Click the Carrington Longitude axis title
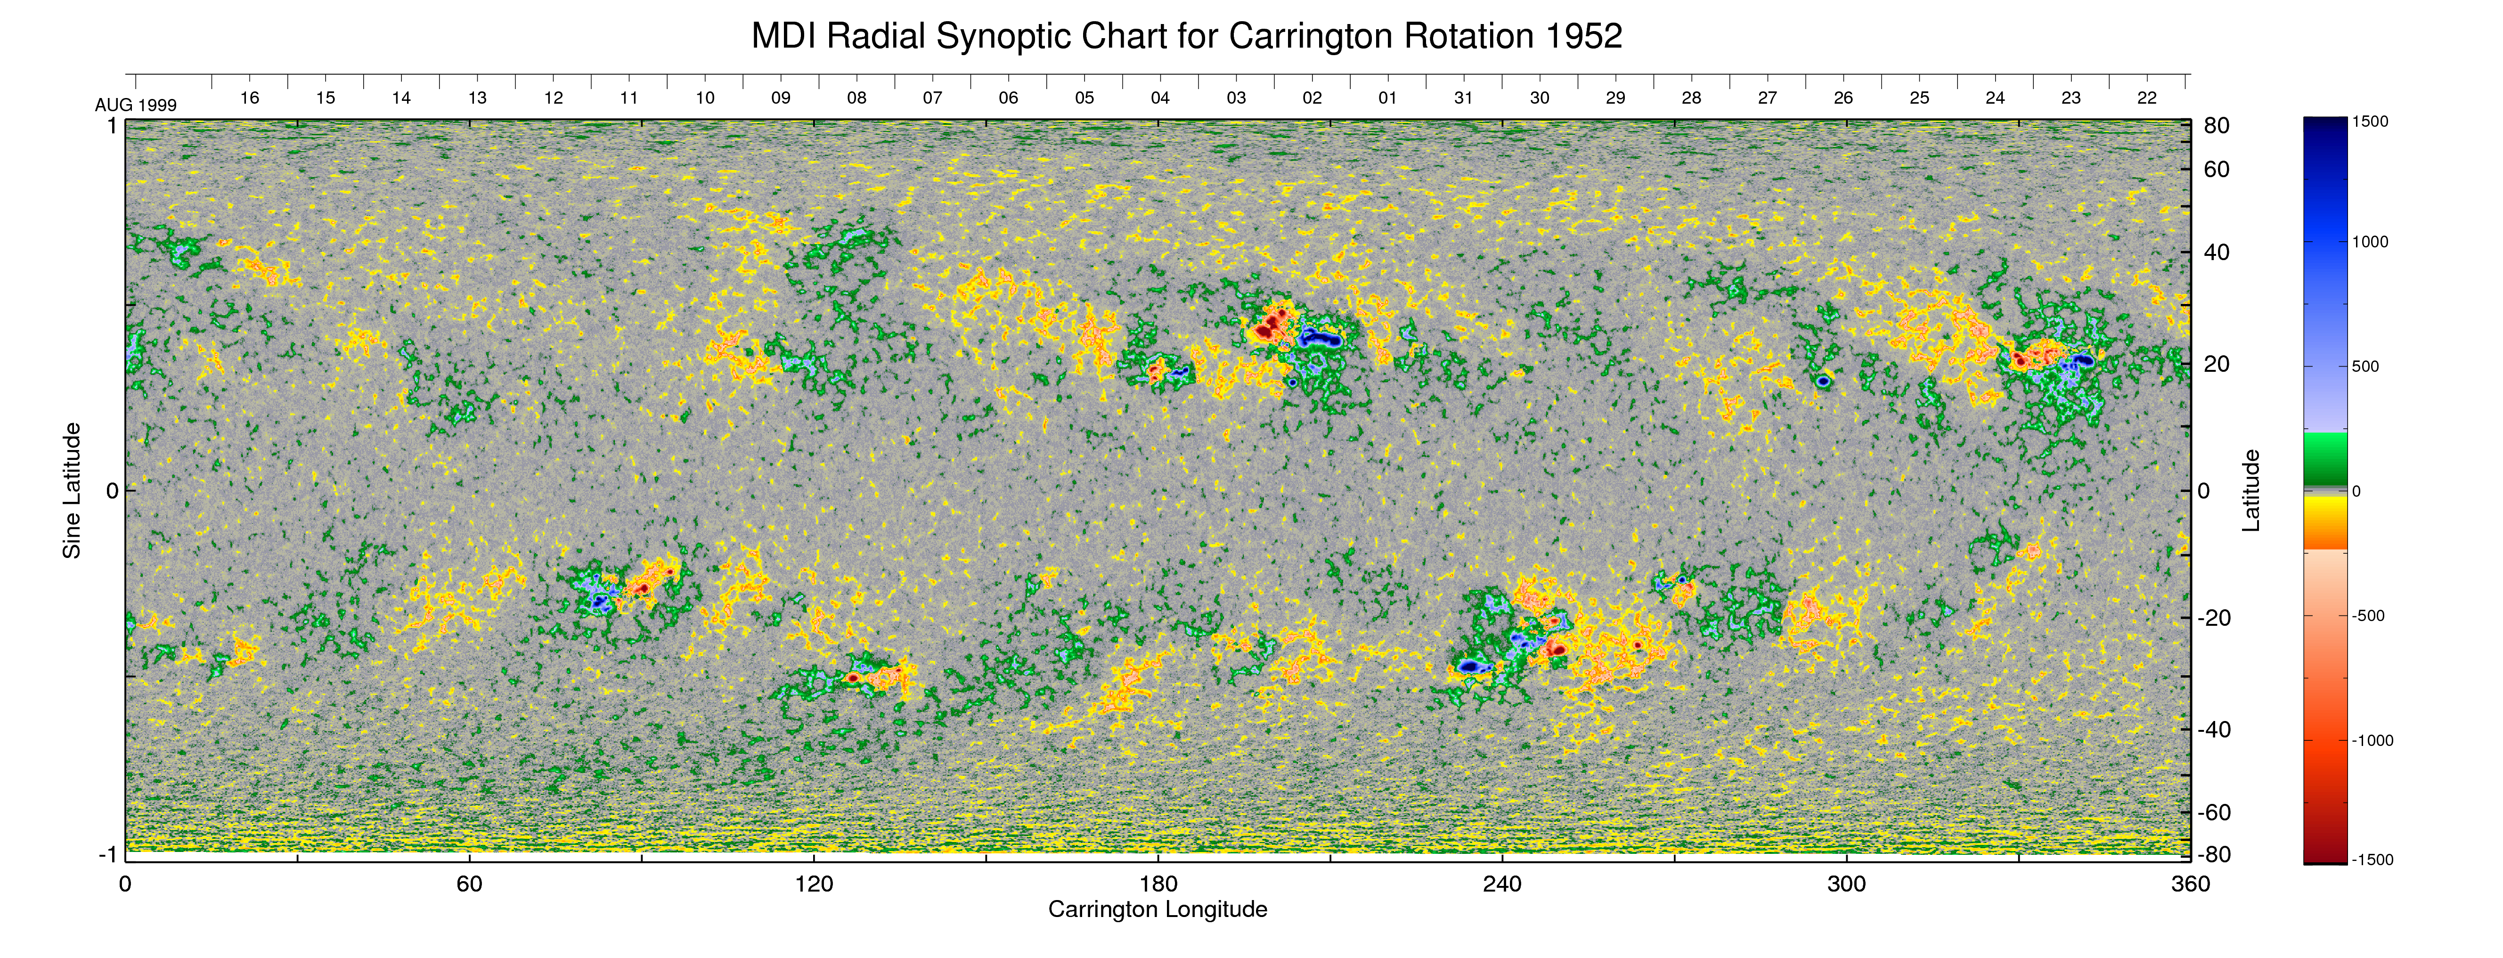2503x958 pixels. point(1157,909)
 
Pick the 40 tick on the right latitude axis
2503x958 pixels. point(2217,253)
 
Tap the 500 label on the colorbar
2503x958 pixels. point(2365,366)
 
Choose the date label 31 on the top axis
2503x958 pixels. point(1463,98)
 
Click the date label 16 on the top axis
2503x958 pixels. point(250,98)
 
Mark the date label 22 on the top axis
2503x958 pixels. point(2146,98)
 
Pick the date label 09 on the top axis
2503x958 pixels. point(780,98)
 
